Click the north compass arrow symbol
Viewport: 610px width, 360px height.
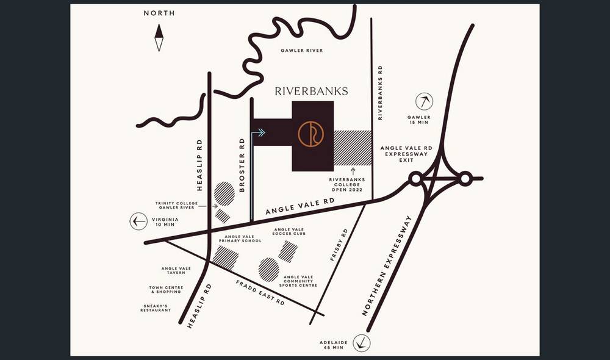click(159, 37)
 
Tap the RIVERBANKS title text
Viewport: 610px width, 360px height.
click(311, 92)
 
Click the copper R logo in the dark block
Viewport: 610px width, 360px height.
click(310, 134)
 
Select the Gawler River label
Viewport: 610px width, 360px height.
click(301, 51)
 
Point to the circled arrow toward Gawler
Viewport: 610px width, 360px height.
click(424, 101)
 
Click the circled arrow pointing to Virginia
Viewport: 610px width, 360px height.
click(138, 221)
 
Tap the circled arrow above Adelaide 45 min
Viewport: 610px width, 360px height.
click(362, 343)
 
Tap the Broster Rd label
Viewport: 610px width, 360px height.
click(242, 165)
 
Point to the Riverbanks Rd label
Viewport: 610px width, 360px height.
click(380, 92)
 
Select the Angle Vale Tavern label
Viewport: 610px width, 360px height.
click(176, 270)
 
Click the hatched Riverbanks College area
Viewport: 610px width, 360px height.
click(353, 148)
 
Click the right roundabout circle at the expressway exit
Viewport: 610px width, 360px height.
click(465, 179)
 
